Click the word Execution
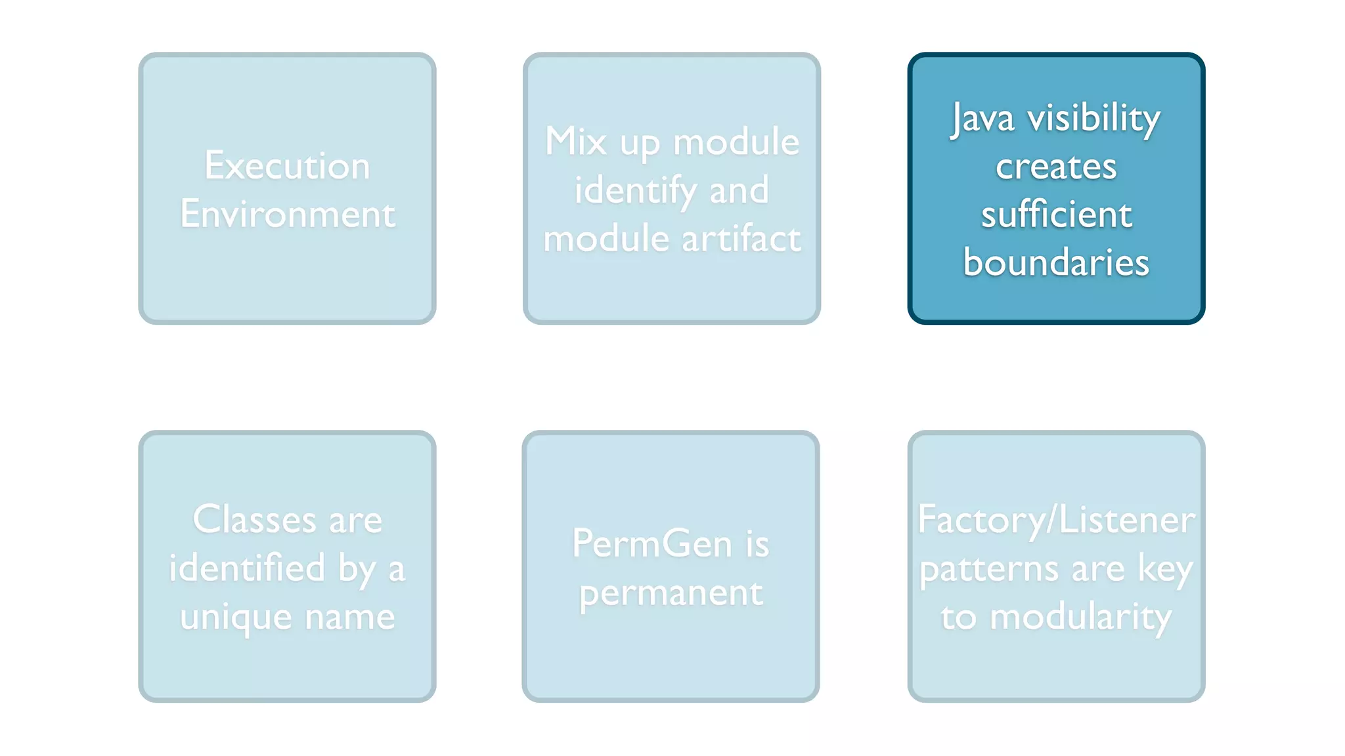click(x=287, y=165)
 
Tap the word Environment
click(x=288, y=214)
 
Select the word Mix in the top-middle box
click(x=575, y=142)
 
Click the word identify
click(x=634, y=190)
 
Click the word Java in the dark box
click(x=982, y=119)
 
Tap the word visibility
click(x=1093, y=119)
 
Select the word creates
click(x=1056, y=167)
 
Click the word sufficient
click(x=1056, y=215)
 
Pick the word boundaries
click(x=1056, y=262)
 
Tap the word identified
click(x=247, y=568)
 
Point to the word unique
click(x=236, y=617)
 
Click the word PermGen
click(x=651, y=544)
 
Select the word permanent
click(x=671, y=593)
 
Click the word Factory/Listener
click(x=1056, y=520)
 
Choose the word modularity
click(x=1080, y=617)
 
